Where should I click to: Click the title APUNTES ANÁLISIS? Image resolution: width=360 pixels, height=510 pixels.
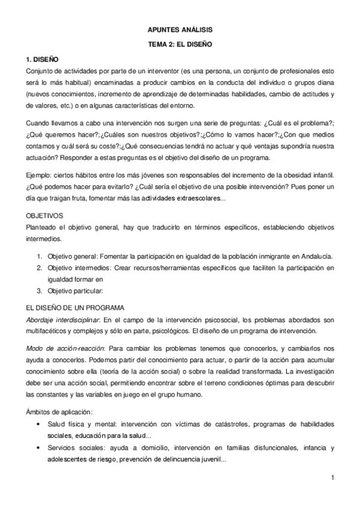click(x=180, y=29)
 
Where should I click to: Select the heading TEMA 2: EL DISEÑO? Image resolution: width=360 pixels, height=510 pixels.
click(x=180, y=44)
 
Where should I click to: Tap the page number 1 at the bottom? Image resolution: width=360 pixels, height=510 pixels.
click(x=332, y=478)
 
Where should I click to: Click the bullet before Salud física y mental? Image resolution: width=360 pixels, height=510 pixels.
click(x=39, y=424)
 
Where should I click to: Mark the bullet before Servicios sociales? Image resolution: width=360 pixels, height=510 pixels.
click(x=39, y=449)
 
